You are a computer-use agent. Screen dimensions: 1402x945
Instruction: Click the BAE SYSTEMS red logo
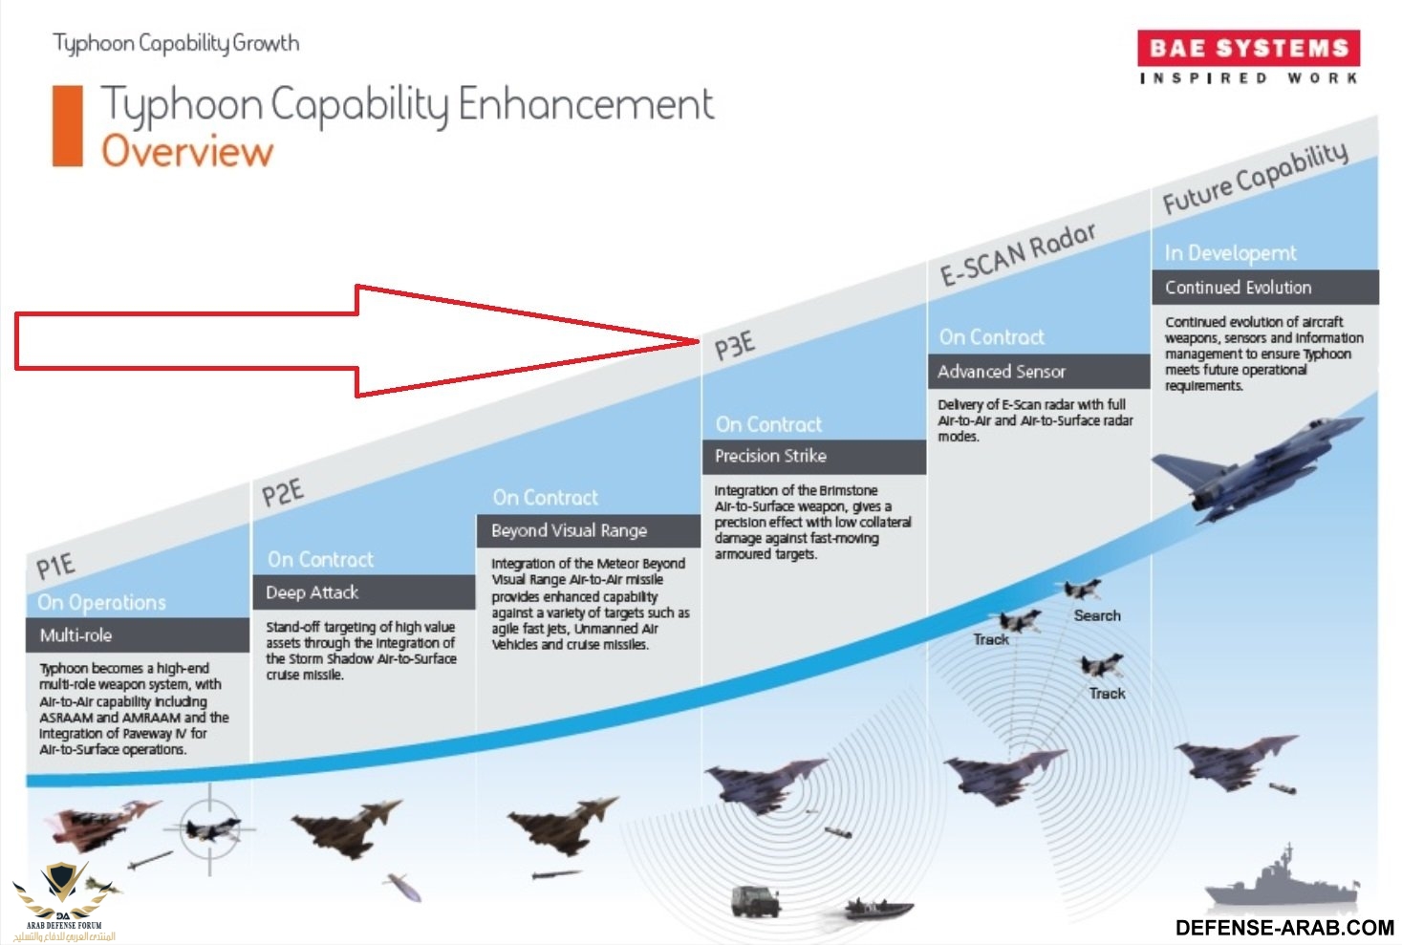1248,48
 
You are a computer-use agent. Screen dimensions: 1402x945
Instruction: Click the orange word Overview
187,152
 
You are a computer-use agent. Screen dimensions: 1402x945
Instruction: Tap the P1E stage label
55,566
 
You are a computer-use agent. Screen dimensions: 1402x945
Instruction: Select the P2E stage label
282,492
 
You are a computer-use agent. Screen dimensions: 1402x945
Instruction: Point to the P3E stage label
735,346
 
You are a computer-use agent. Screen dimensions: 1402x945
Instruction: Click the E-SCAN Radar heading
1018,254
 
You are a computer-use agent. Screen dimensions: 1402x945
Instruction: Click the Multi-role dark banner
138,635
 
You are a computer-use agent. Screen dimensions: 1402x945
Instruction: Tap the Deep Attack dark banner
364,592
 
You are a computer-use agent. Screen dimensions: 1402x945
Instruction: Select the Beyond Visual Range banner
589,530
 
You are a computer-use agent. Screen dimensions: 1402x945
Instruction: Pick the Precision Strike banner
813,456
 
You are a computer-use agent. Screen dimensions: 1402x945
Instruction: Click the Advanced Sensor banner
1039,372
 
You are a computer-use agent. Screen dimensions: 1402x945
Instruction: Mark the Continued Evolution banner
1265,288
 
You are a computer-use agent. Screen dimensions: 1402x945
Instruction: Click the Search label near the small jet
1097,615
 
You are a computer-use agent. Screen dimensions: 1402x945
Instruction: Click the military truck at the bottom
755,902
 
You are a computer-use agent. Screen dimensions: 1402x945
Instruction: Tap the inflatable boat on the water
878,908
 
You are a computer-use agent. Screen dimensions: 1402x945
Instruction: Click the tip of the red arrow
700,341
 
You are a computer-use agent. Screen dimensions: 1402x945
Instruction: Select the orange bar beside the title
68,126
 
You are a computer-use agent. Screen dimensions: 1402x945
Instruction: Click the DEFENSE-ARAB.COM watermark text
1284,928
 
